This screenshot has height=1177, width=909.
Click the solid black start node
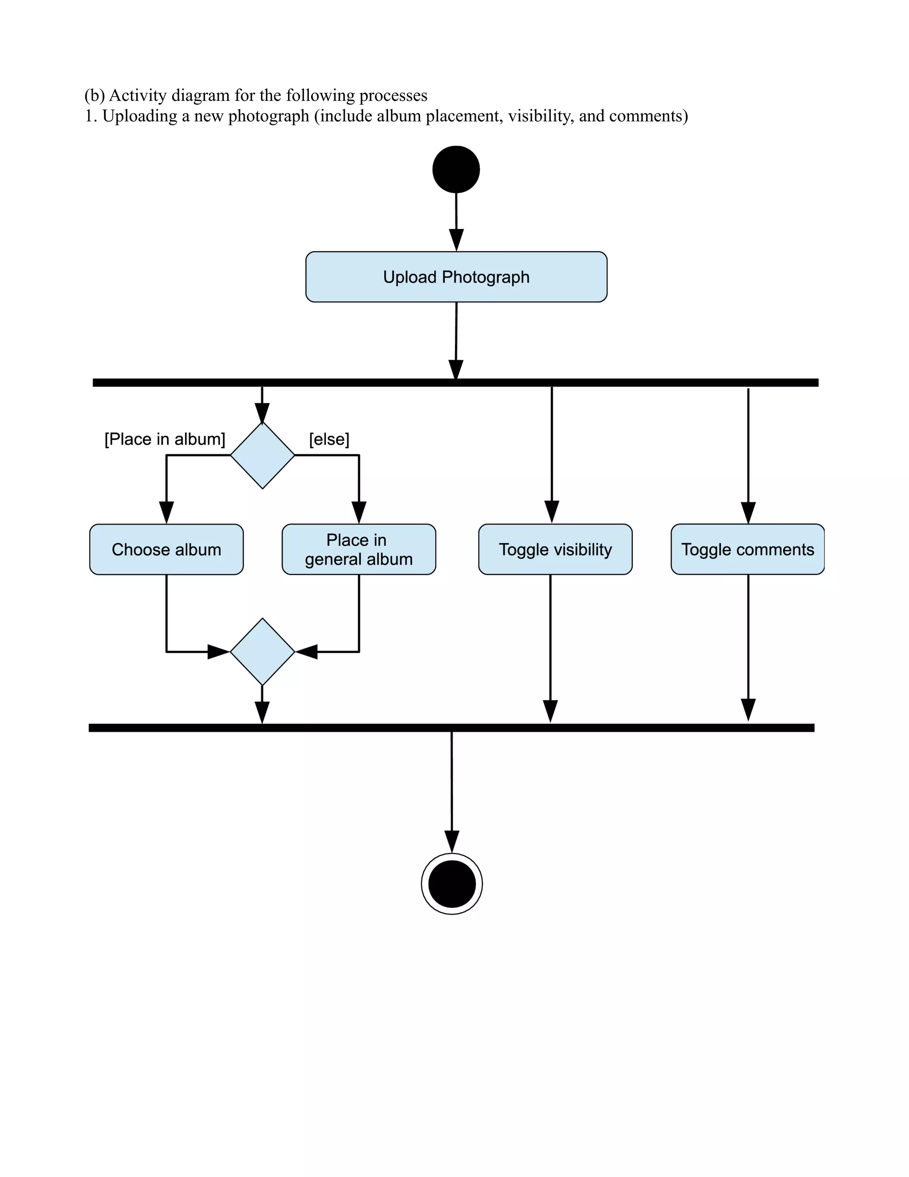tap(456, 169)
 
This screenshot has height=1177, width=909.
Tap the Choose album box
tap(166, 549)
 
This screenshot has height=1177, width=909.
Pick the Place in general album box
tap(359, 549)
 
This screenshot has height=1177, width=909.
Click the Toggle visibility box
tap(555, 549)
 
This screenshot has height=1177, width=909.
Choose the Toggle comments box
tap(747, 549)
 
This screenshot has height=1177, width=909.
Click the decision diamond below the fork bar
tap(262, 455)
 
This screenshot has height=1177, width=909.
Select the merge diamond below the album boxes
tap(262, 652)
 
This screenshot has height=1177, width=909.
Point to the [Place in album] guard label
tap(165, 439)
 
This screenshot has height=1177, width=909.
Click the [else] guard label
tap(329, 439)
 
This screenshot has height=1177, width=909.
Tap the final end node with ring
tap(452, 883)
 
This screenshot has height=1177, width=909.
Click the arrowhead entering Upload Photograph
tap(457, 240)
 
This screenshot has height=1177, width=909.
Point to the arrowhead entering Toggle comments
tap(748, 513)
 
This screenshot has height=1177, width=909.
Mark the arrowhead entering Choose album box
tap(166, 513)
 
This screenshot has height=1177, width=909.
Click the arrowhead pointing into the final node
tap(452, 841)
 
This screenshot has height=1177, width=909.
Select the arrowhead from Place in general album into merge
tap(306, 652)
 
